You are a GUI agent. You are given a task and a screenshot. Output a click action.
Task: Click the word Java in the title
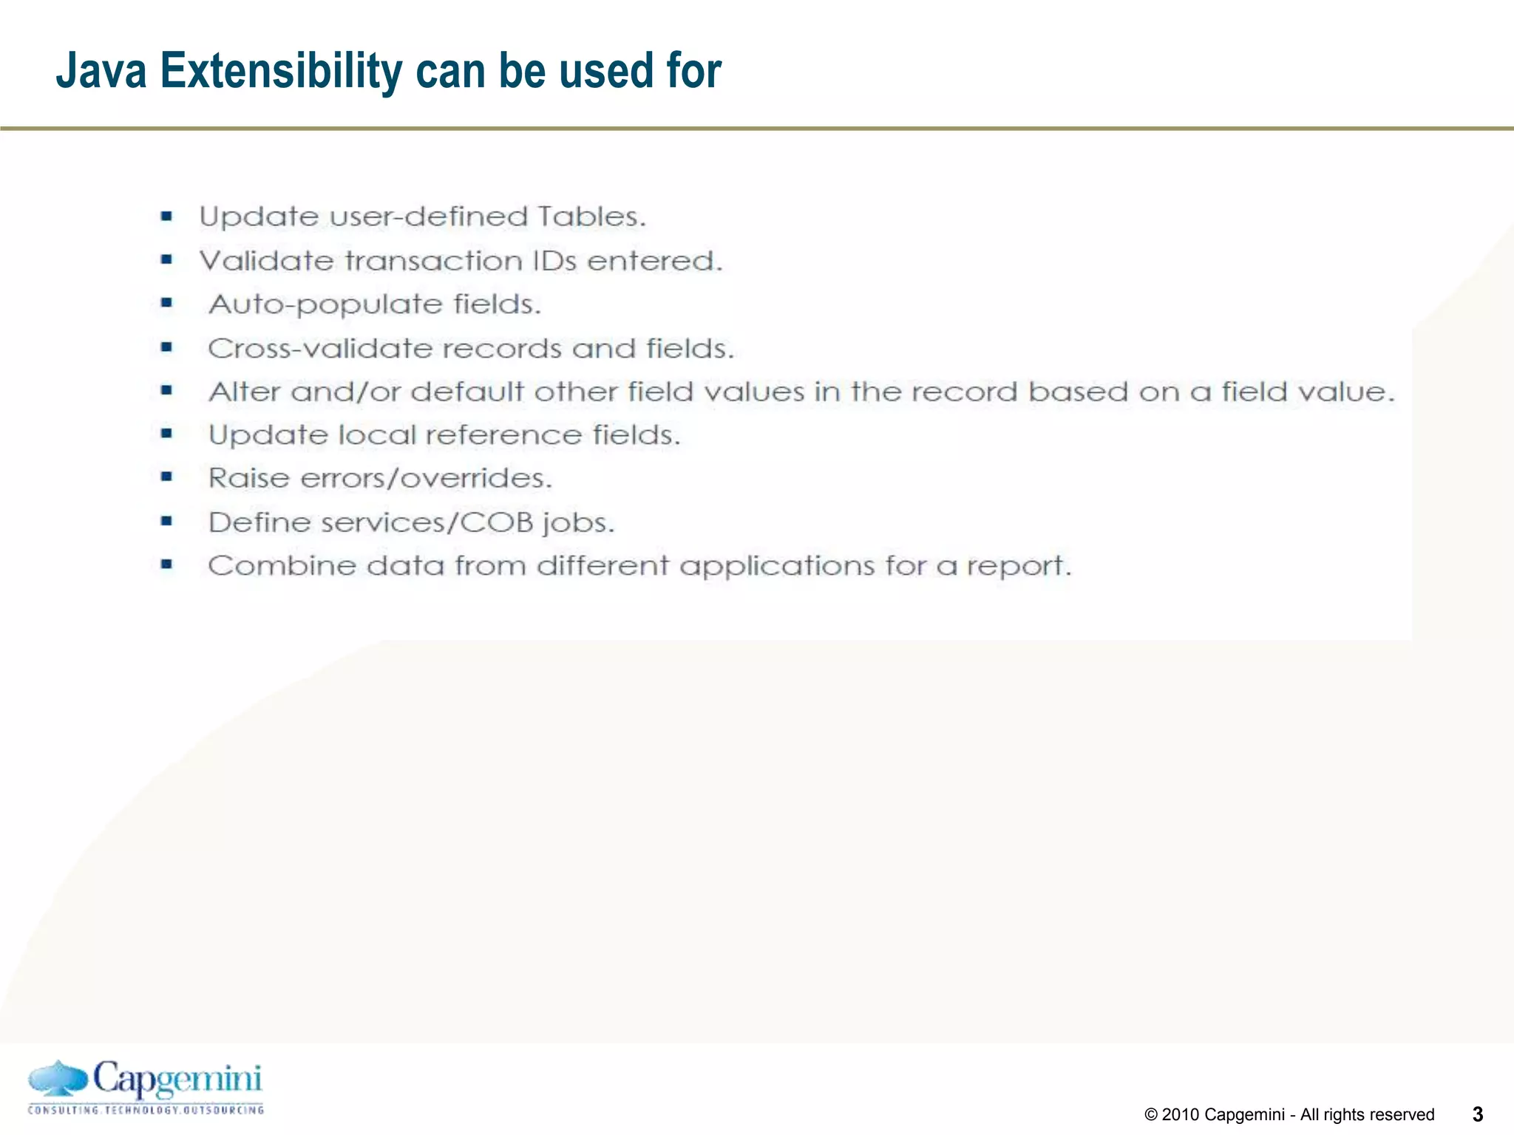pos(101,71)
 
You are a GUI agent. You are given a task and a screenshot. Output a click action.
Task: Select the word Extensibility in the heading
pos(281,71)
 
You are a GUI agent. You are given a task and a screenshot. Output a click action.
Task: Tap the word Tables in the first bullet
pos(591,217)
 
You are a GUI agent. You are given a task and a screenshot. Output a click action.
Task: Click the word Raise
pos(249,478)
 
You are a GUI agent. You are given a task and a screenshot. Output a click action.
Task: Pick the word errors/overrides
pos(427,478)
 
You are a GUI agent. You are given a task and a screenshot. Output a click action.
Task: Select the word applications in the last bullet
pos(777,567)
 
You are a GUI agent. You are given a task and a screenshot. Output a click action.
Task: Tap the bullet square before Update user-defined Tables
pos(167,217)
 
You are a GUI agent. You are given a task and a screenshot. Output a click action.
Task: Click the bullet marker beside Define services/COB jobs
pos(167,522)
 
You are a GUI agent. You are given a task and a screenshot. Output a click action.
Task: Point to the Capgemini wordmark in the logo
pos(177,1080)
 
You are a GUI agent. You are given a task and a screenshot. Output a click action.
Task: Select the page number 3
pos(1478,1114)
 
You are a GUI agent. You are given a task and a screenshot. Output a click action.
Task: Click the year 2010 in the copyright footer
pos(1181,1114)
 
